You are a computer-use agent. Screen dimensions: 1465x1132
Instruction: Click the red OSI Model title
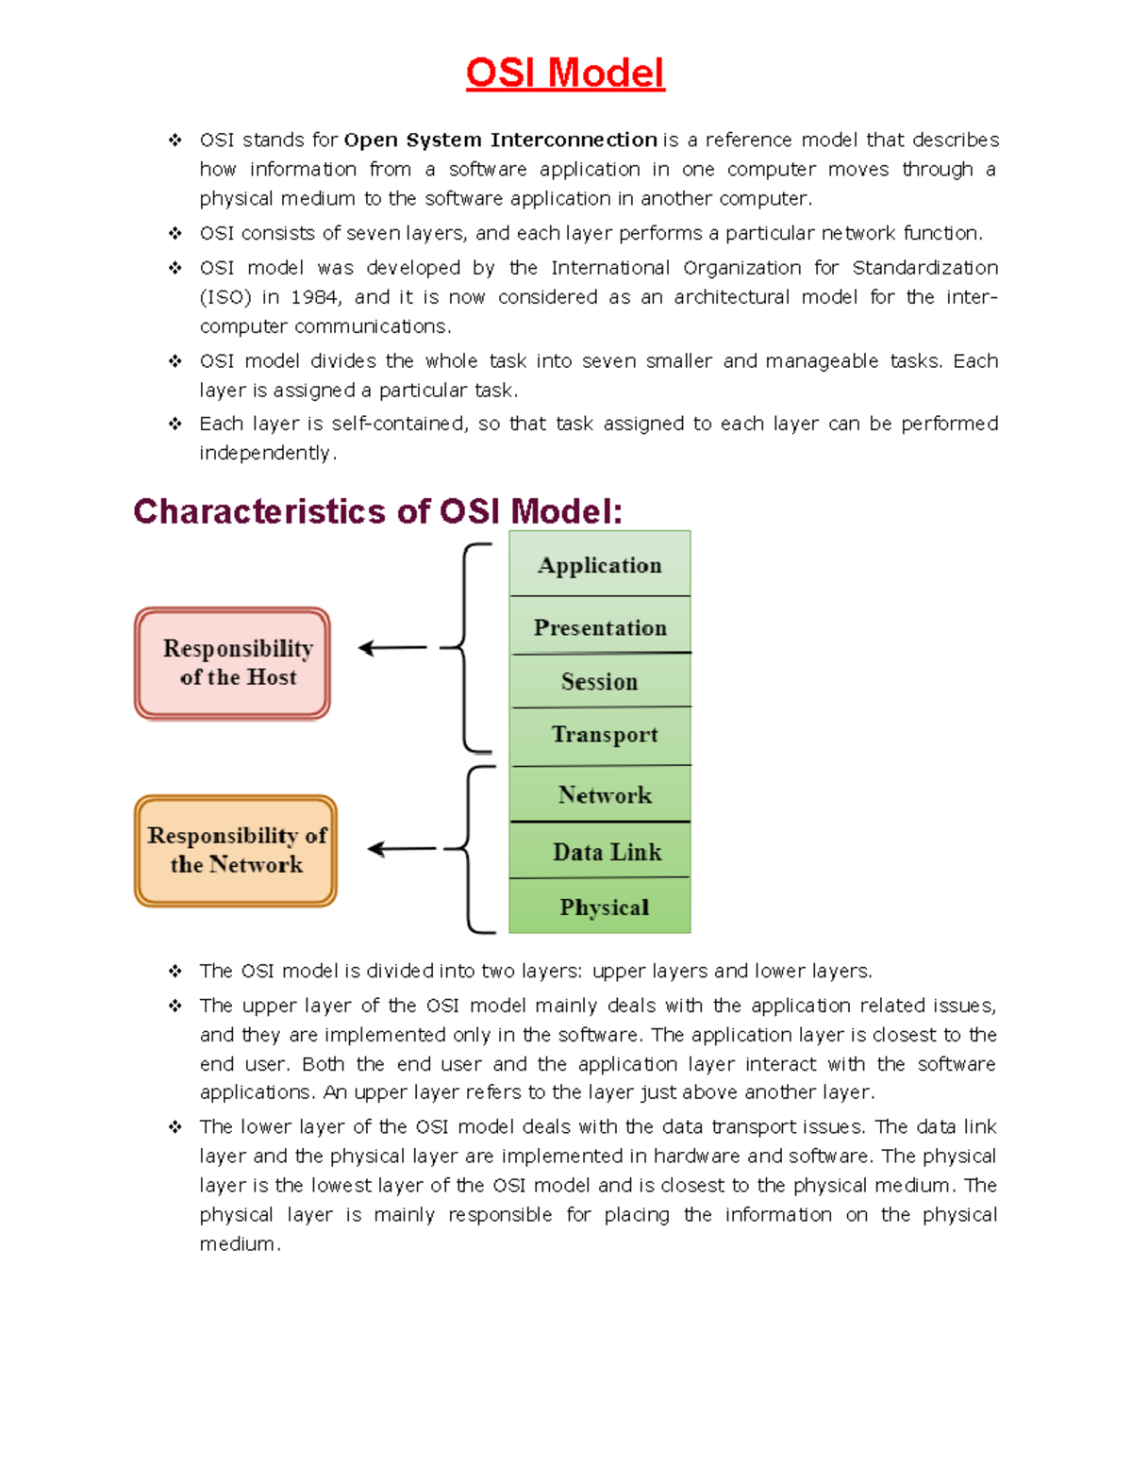pos(565,74)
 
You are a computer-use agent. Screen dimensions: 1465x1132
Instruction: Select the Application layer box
pos(600,564)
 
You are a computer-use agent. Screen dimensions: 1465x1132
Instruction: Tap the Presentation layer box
pos(600,626)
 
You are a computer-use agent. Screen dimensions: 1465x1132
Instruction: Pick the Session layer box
pos(600,680)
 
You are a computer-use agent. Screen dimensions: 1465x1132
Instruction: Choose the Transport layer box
pos(604,735)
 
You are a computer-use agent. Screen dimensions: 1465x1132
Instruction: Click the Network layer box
pos(604,794)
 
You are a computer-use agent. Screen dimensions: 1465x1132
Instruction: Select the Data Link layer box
pos(606,851)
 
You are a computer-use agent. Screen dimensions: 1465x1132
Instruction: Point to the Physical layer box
pos(604,907)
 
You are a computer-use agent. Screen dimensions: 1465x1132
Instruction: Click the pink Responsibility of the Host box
pos(233,663)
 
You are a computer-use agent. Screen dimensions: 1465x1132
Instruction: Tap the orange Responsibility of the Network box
pos(236,850)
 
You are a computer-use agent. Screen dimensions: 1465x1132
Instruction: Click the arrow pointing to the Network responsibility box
pos(402,849)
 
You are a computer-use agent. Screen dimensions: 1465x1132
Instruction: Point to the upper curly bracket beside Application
pos(467,647)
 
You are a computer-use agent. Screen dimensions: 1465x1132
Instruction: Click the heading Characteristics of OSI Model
pos(378,511)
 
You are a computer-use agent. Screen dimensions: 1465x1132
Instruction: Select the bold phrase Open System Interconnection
pos(500,141)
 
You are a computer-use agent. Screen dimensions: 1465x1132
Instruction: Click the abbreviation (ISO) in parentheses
pos(225,297)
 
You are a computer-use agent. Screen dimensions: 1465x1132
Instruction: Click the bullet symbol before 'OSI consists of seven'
pos(175,233)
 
